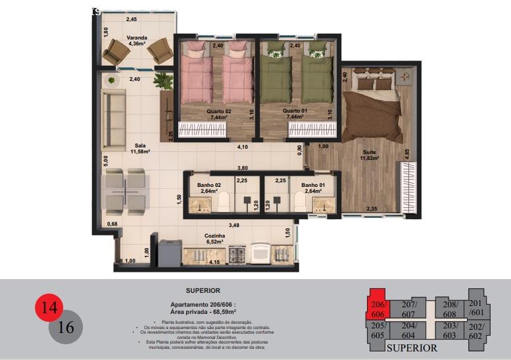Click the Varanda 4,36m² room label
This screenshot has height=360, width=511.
pyautogui.click(x=137, y=41)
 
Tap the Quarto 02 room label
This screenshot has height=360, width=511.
pyautogui.click(x=219, y=114)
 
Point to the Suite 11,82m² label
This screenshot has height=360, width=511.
pyautogui.click(x=370, y=155)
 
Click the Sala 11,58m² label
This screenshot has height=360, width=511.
pyautogui.click(x=140, y=149)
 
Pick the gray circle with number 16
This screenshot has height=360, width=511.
pyautogui.click(x=66, y=327)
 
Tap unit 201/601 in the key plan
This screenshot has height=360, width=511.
pyautogui.click(x=475, y=307)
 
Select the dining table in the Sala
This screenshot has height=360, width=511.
pyautogui.click(x=125, y=190)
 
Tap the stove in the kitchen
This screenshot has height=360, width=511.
pyautogui.click(x=236, y=253)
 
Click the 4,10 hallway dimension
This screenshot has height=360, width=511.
pyautogui.click(x=242, y=147)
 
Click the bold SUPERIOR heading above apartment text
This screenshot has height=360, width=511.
pyautogui.click(x=203, y=290)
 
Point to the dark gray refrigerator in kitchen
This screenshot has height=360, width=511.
pyautogui.click(x=169, y=253)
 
